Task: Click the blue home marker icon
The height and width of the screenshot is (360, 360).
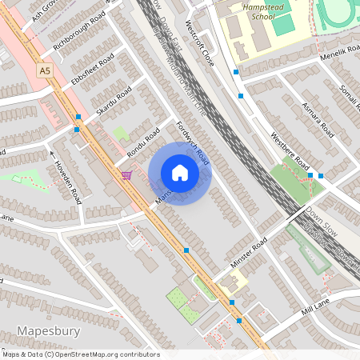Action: point(180,173)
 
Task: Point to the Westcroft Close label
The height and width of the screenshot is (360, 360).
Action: point(199,44)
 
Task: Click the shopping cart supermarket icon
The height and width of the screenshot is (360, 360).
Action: point(126,174)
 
